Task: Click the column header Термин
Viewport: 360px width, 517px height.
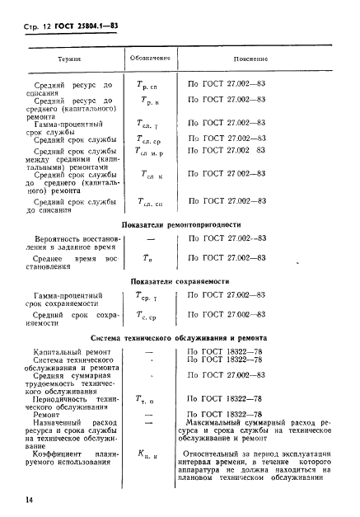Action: coord(68,59)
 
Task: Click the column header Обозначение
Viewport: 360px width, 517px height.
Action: coord(149,59)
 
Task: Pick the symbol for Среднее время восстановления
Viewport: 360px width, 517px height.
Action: coord(148,259)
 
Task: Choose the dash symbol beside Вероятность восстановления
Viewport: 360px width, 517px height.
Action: coord(149,239)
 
